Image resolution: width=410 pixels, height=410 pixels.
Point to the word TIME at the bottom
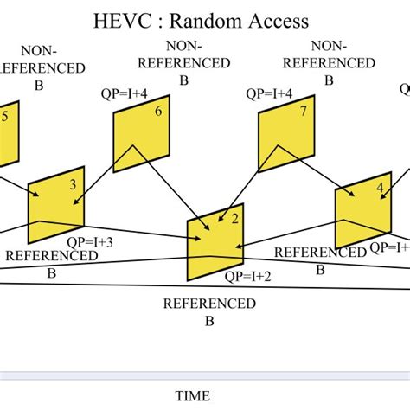192,396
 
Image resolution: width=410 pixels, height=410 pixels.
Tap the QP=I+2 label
249,277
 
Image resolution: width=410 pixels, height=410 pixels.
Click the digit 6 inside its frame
157,111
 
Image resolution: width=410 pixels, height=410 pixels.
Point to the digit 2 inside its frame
234,218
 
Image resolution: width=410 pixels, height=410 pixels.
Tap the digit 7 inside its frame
303,111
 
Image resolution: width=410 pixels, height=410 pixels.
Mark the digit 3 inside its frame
73,183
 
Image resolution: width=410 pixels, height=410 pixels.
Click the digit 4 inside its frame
380,189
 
